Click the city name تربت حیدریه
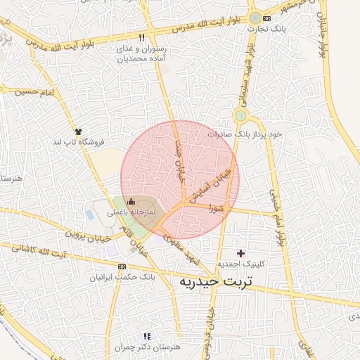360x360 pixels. (219, 282)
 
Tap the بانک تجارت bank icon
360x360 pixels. (266, 18)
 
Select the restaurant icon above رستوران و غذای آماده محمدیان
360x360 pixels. (141, 37)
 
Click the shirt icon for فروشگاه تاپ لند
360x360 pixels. (77, 131)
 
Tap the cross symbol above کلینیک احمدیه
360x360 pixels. (241, 252)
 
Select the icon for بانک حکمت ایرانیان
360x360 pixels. (122, 266)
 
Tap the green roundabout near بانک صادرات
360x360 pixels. (240, 115)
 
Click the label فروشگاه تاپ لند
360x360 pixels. (79, 142)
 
